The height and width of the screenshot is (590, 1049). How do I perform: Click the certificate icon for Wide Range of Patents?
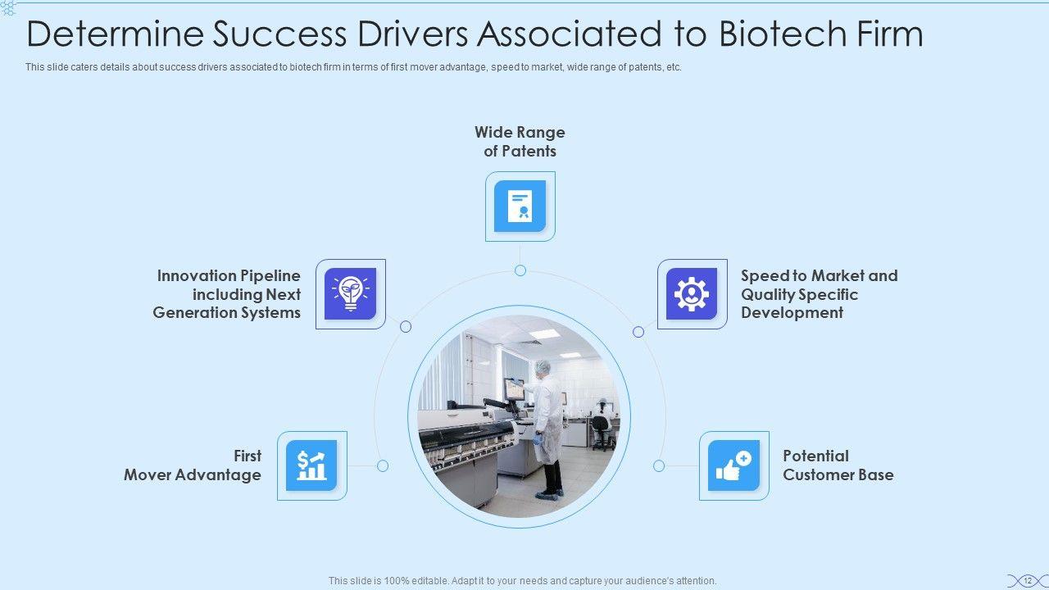click(x=520, y=206)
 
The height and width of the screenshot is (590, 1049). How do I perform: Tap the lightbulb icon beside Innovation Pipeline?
click(x=350, y=293)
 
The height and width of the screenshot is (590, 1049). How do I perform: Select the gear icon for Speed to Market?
click(x=692, y=293)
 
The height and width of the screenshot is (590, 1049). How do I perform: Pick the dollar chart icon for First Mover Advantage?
click(x=311, y=465)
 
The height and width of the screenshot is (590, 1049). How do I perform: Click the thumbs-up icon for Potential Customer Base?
click(x=733, y=465)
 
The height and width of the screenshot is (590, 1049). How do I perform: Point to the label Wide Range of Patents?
click(x=520, y=142)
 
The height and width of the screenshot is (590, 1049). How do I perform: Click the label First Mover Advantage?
click(x=193, y=465)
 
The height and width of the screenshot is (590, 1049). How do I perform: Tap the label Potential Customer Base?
click(x=838, y=465)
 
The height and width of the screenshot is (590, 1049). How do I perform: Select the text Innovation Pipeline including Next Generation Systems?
click(x=227, y=294)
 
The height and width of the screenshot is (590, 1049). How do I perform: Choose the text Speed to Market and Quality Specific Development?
click(x=819, y=294)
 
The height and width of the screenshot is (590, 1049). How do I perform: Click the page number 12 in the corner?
click(x=1027, y=580)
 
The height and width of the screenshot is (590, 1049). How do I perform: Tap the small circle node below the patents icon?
click(x=520, y=270)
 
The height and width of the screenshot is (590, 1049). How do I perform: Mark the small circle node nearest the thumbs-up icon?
click(x=659, y=465)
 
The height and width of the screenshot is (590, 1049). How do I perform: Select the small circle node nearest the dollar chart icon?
click(x=383, y=465)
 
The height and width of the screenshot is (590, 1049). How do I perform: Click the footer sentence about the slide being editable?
click(x=523, y=580)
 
